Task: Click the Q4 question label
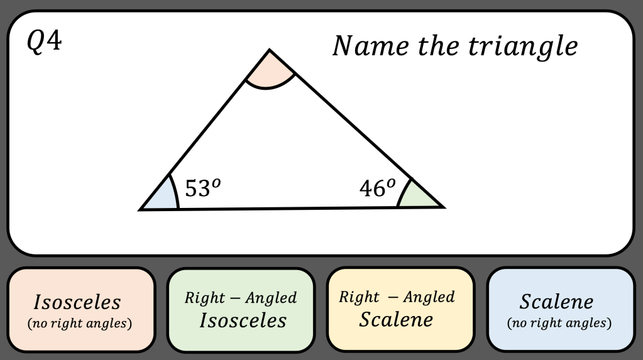coord(44,43)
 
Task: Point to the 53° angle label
coord(202,188)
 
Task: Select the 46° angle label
coord(378,188)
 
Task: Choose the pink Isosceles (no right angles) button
coord(81,310)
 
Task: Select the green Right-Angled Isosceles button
coord(241,310)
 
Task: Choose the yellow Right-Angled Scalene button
coord(400,310)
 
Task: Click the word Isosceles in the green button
coord(243,320)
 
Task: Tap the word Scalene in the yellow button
coord(396,320)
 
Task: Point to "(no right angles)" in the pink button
coord(80,324)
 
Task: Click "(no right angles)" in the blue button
coord(559,324)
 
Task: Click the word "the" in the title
coord(429,46)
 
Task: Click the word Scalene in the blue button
coord(556,302)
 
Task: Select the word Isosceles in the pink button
coord(77,302)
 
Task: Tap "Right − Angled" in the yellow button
coord(397,297)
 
